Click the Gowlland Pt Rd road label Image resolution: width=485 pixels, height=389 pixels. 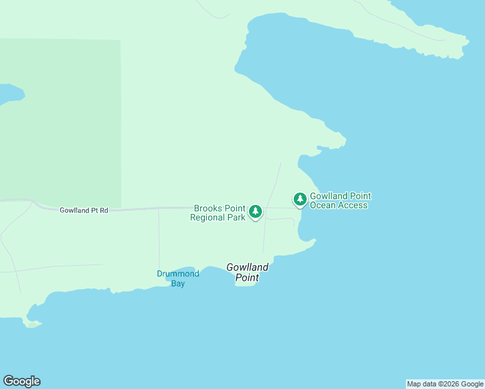[84, 210]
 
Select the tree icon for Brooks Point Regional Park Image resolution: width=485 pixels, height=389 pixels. [255, 211]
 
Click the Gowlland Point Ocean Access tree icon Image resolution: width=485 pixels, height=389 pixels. [300, 198]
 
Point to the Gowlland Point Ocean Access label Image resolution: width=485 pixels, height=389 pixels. [340, 200]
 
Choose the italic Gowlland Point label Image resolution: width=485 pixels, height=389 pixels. [247, 272]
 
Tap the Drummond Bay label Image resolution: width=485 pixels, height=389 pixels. [178, 278]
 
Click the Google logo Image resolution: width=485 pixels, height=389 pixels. [21, 381]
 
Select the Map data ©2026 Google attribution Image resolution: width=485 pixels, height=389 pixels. [445, 384]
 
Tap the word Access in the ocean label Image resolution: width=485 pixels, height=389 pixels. [353, 206]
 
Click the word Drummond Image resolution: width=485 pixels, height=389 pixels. [178, 274]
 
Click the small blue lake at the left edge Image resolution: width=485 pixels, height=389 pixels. [9, 94]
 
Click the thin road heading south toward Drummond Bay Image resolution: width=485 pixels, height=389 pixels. [159, 240]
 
